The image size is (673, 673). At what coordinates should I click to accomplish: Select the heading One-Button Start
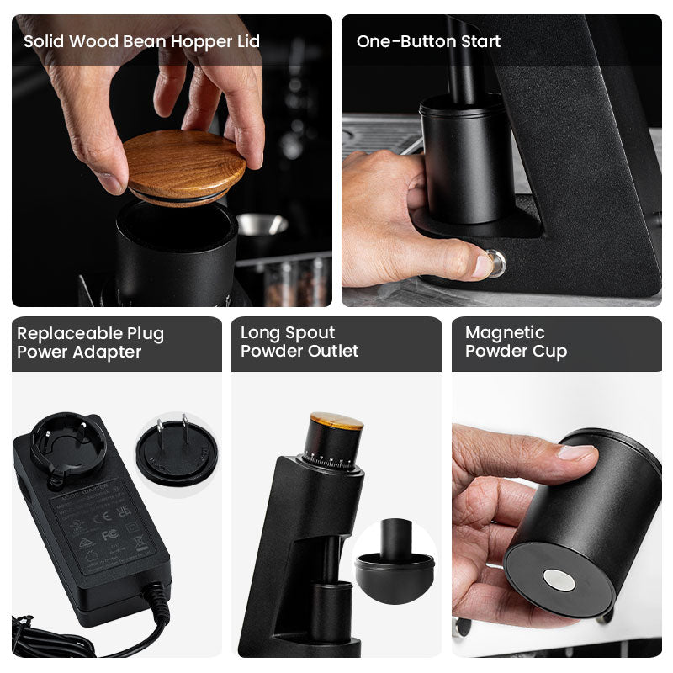coord(428,41)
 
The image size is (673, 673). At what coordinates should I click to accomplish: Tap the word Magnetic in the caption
coord(505,332)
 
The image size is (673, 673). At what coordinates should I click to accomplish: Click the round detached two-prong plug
coord(176,453)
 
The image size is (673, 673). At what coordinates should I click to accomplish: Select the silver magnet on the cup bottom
coord(558,579)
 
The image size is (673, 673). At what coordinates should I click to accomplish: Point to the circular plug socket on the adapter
coord(68,447)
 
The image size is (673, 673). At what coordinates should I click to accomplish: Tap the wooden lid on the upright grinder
coord(336,420)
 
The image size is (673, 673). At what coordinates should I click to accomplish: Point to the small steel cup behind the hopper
coord(262,225)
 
